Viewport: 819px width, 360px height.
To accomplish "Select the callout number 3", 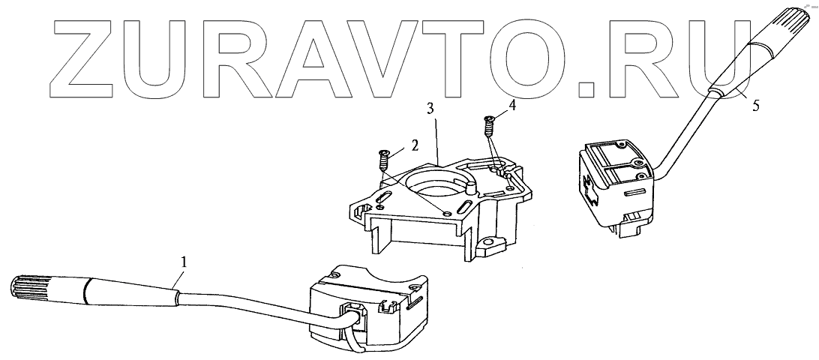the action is pyautogui.click(x=429, y=109).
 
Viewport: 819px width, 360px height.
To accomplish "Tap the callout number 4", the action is pyautogui.click(x=511, y=106).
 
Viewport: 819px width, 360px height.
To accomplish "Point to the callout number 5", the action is pyautogui.click(x=754, y=105).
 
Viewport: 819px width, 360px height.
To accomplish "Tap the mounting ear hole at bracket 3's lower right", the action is pyautogui.click(x=492, y=244).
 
